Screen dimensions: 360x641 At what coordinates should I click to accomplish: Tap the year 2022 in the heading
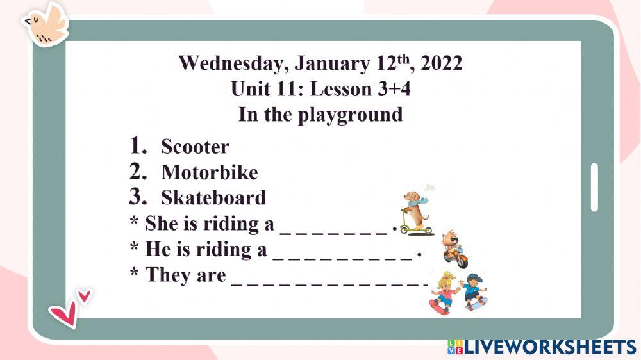(x=442, y=63)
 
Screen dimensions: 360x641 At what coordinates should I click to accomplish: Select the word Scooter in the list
(x=195, y=147)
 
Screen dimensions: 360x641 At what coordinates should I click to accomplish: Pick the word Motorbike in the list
(x=210, y=172)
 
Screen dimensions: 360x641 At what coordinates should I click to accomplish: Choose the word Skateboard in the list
(x=213, y=197)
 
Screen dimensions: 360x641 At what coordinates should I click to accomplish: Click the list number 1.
(x=138, y=146)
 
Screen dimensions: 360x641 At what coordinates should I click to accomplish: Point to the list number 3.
(x=138, y=197)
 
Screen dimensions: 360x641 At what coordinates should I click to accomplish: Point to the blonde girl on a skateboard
(x=444, y=291)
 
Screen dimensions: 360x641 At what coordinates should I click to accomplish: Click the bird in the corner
(x=46, y=24)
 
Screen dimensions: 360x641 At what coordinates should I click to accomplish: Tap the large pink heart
(x=63, y=313)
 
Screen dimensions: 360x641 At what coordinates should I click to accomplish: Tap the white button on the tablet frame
(x=594, y=187)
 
